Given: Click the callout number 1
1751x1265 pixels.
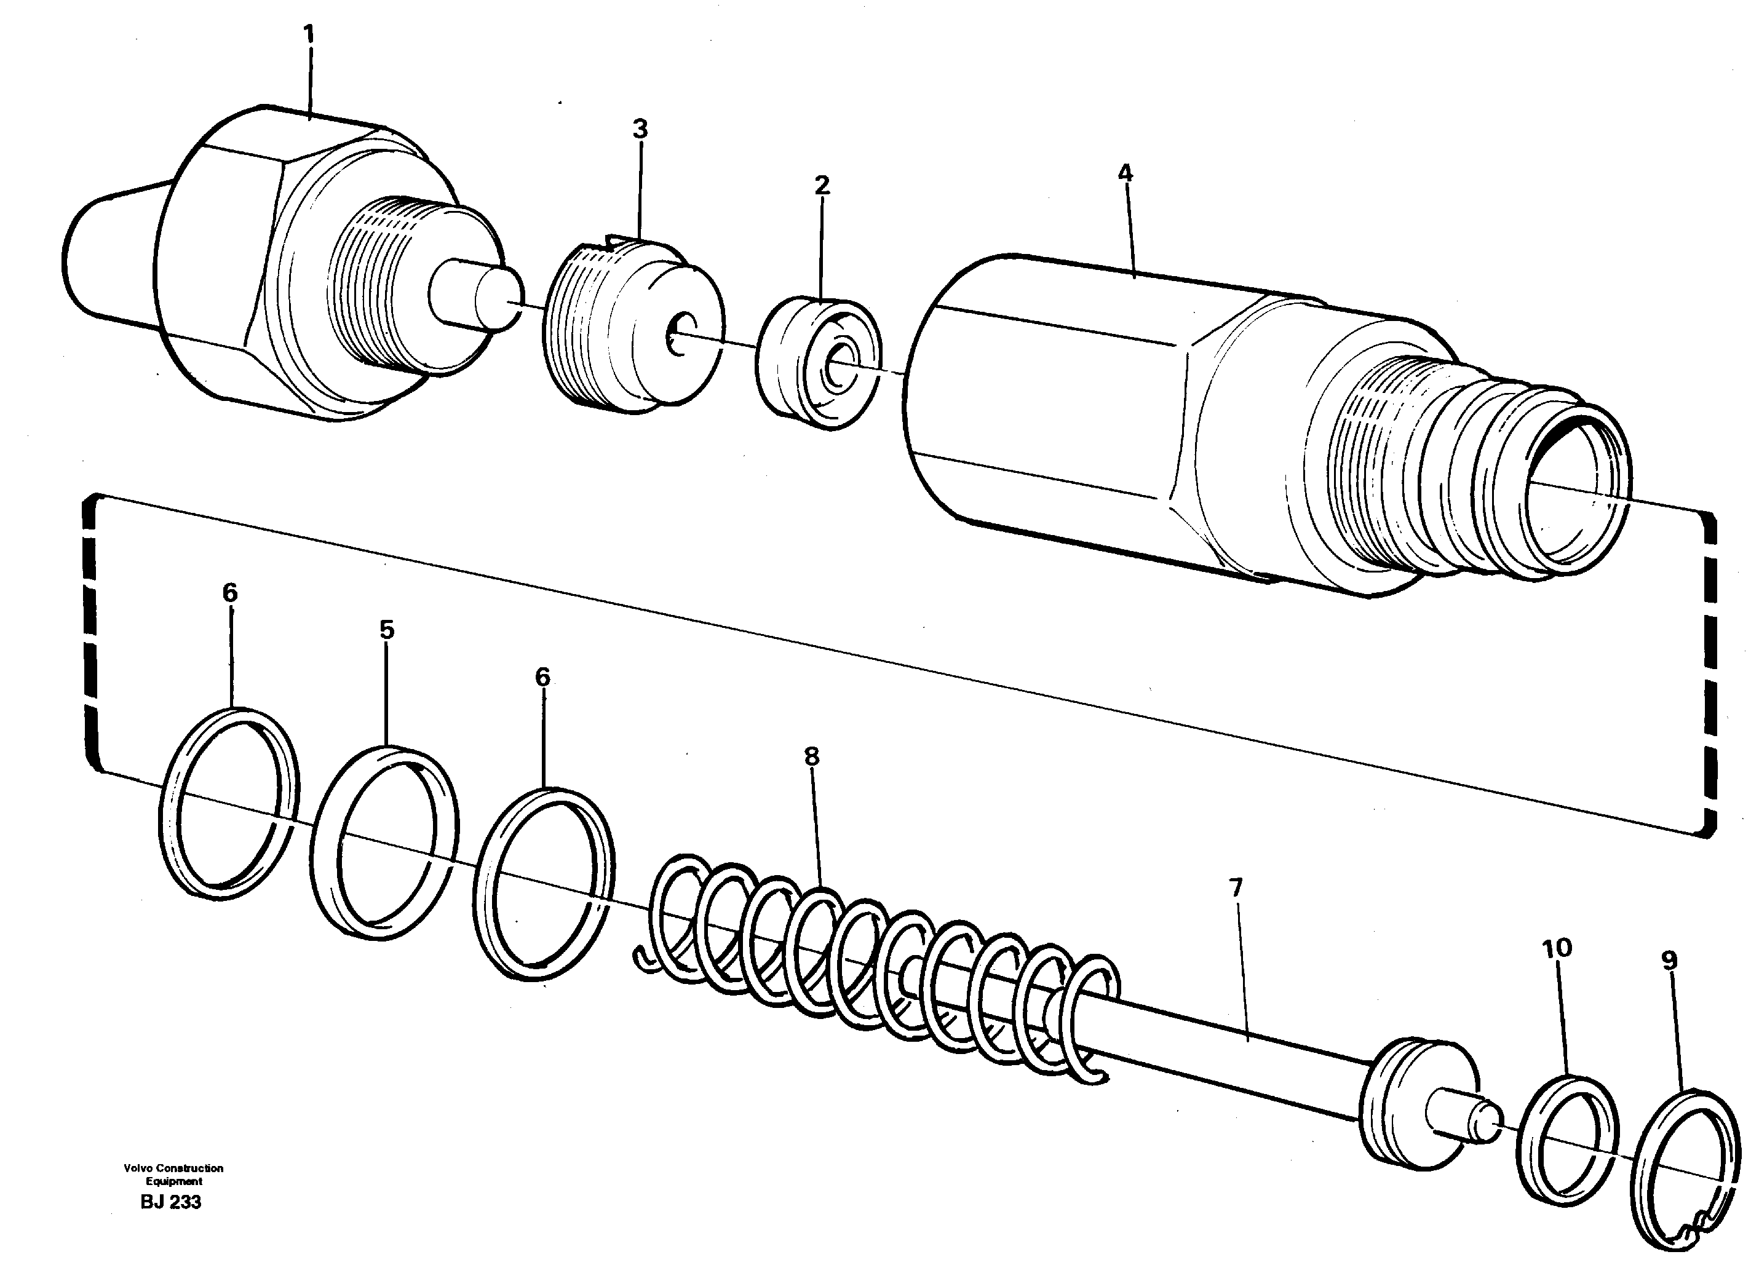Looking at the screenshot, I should [x=309, y=34].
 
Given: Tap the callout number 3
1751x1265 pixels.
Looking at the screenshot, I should [x=640, y=130].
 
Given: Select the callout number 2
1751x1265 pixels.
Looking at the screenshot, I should [x=822, y=185].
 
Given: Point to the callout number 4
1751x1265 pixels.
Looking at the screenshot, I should [x=1125, y=173].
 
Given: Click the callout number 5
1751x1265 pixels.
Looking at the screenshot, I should [x=387, y=630].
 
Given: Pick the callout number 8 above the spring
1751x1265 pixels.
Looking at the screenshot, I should [x=811, y=756].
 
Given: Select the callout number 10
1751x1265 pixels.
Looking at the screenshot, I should [x=1557, y=948].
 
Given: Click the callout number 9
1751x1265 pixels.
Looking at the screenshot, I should [x=1669, y=961].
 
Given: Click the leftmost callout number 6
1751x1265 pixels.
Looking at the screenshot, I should [x=230, y=593].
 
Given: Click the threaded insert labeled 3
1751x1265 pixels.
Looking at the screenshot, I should [x=633, y=324].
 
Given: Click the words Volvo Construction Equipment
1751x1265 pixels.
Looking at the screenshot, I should [x=173, y=1174].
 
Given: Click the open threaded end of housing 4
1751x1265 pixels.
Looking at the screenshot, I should [x=1575, y=494].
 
